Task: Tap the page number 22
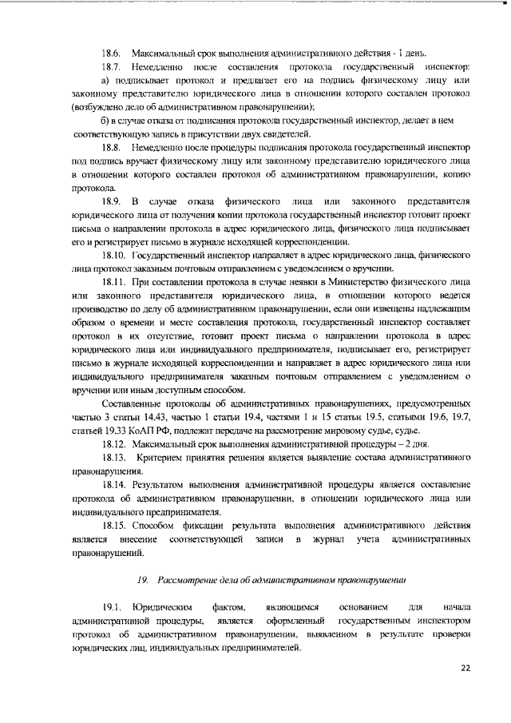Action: [466, 668]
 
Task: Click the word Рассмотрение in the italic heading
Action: [188, 579]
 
